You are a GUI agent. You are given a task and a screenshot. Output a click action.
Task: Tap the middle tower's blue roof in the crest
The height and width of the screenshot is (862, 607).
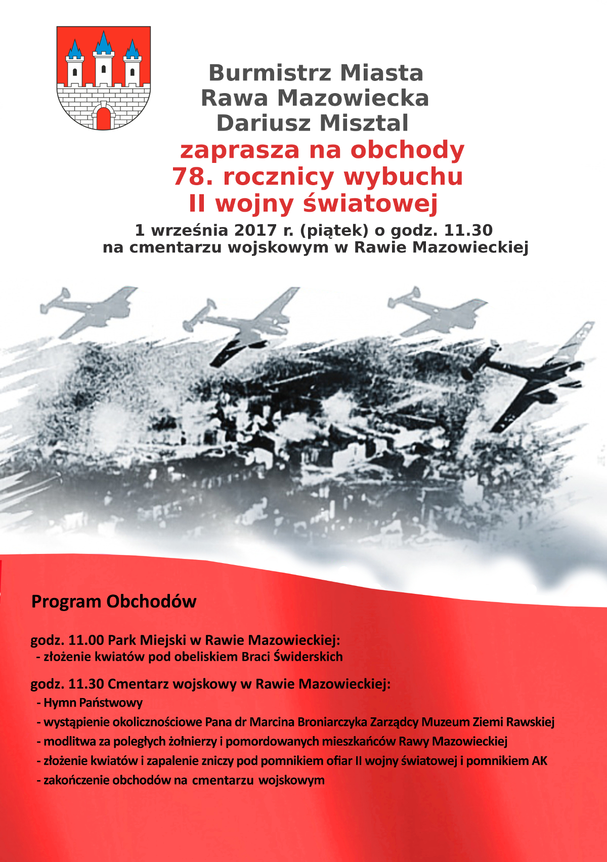coord(104,44)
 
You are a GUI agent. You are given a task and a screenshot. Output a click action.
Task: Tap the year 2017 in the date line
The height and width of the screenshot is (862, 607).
coord(254,231)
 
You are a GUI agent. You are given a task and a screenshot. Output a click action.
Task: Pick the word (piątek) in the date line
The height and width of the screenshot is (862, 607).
coord(334,231)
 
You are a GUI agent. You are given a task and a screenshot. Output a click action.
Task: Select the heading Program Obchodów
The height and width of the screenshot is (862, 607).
coord(114,601)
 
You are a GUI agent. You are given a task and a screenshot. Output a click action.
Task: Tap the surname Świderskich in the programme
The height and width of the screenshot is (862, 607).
coord(308,657)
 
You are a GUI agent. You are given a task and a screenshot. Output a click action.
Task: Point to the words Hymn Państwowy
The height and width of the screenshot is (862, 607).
coord(93,703)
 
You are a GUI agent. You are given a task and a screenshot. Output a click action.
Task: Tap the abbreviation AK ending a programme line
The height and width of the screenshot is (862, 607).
coord(539,761)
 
